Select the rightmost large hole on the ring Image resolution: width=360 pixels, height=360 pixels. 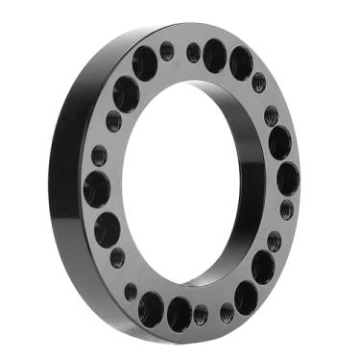287,179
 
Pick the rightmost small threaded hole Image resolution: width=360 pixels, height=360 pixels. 287,209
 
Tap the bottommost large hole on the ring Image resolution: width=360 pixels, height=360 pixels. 179,313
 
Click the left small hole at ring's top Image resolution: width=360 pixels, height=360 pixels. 167,51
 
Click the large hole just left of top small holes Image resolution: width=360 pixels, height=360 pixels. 145,64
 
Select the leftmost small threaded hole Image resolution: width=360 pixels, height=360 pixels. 99,156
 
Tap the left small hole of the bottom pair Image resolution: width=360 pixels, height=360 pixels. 201,314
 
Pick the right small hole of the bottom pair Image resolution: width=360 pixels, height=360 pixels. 227,310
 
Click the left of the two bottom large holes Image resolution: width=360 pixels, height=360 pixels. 151,307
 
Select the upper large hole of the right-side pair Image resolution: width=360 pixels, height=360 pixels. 279,143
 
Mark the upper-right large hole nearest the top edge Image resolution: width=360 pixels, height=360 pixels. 241,64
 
